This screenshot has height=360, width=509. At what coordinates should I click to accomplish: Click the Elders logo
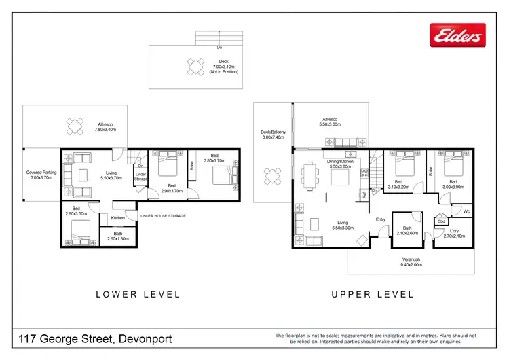click(x=458, y=34)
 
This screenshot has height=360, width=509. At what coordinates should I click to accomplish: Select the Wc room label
click(x=466, y=211)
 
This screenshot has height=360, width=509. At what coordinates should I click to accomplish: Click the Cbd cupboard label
click(x=441, y=221)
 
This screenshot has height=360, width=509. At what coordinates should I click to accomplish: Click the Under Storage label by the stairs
click(x=140, y=177)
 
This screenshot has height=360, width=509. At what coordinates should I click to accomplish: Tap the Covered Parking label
click(x=39, y=175)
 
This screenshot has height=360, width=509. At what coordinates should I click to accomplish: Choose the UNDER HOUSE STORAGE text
click(x=163, y=216)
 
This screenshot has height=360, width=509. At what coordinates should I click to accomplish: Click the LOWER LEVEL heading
click(x=138, y=294)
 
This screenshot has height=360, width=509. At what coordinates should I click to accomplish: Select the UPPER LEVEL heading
click(x=372, y=294)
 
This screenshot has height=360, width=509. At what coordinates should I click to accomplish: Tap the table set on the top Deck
click(x=196, y=67)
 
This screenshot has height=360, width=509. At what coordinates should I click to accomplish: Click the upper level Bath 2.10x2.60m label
click(x=407, y=231)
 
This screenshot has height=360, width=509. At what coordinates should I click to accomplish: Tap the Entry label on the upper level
click(x=381, y=219)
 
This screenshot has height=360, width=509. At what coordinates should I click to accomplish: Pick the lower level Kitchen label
click(x=117, y=217)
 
